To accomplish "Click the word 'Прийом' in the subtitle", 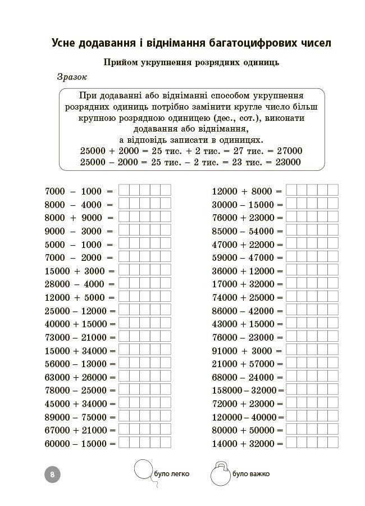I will (x=116, y=63).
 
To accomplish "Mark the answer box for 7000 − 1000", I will (x=144, y=190).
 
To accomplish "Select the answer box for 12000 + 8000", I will (x=312, y=190).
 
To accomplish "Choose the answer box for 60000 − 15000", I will (x=144, y=443).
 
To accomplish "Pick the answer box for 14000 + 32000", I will (x=312, y=443).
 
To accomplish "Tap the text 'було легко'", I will (x=171, y=474).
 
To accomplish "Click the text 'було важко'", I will (x=251, y=474).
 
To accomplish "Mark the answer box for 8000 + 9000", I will (x=144, y=216).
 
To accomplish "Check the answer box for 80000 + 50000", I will (x=312, y=430).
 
